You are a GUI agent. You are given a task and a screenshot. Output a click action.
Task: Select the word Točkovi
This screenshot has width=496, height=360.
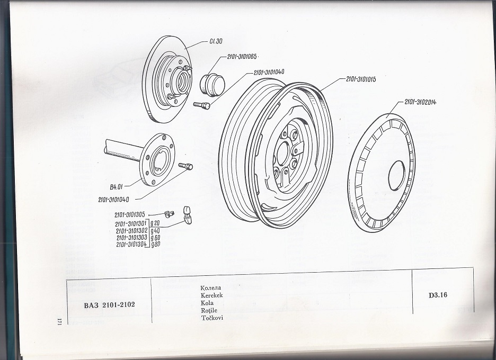coord(212,318)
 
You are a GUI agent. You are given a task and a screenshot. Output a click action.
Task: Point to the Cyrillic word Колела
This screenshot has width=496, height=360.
coord(210,287)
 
